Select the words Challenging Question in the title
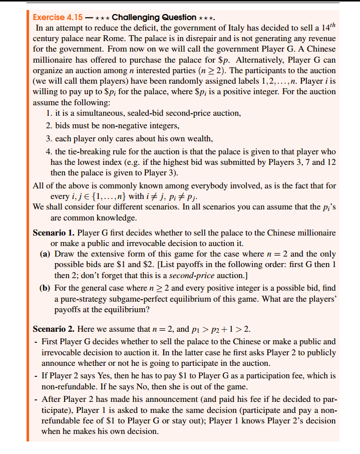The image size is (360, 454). (x=147, y=17)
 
